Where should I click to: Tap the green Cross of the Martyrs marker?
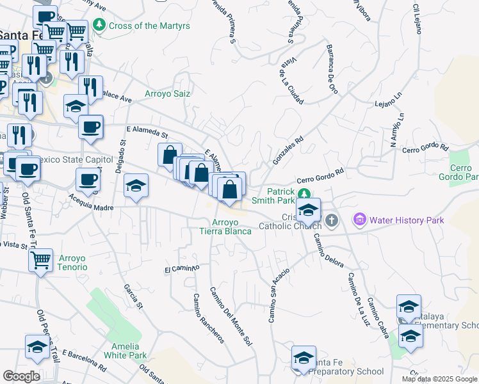click(x=99, y=26)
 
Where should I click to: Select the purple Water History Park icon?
click(x=359, y=221)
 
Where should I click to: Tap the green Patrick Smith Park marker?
click(x=306, y=193)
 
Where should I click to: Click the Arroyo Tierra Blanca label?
click(x=223, y=227)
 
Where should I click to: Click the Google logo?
click(x=22, y=376)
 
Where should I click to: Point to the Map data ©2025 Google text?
click(x=439, y=379)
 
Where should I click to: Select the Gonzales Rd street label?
click(x=288, y=150)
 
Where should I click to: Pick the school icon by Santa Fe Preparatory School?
click(x=304, y=357)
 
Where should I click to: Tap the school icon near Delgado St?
click(x=136, y=186)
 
